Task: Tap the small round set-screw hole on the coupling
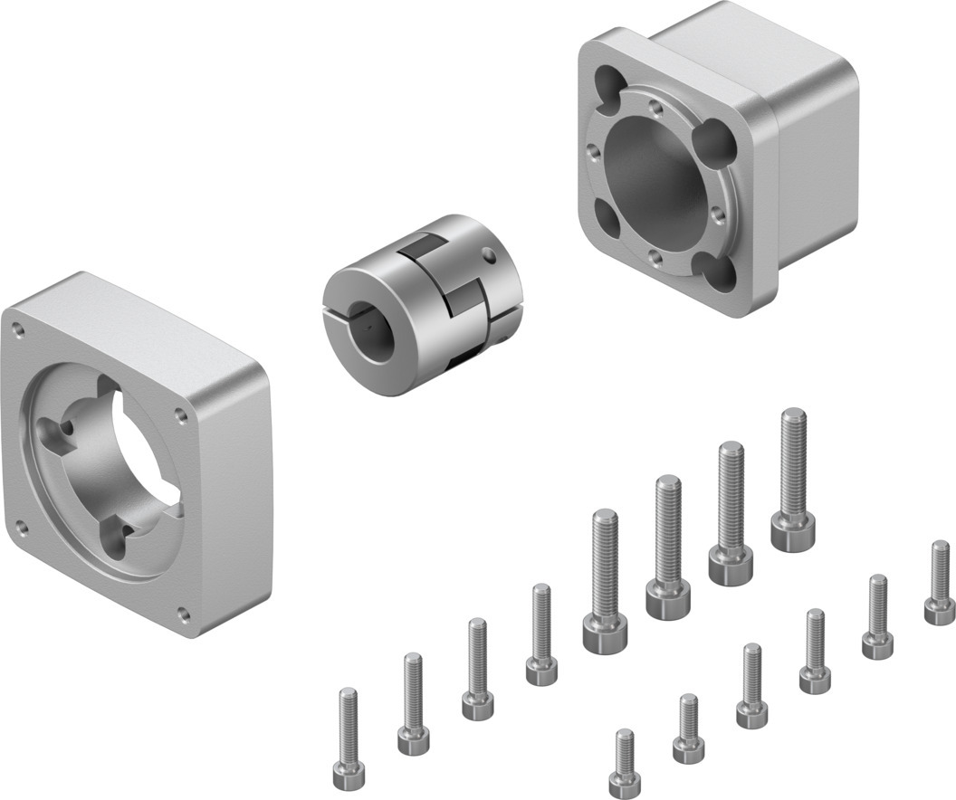tap(489, 255)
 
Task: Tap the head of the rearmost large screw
tap(793, 533)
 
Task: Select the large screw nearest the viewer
tap(606, 633)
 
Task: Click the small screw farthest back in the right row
tap(940, 612)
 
